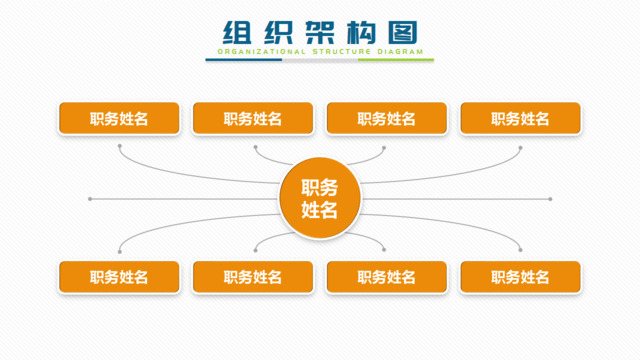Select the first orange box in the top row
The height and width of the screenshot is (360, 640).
119,118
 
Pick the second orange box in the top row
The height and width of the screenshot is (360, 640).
253,118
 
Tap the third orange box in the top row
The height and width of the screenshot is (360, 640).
386,118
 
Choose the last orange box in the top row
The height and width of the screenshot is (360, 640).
520,118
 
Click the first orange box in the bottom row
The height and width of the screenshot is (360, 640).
119,277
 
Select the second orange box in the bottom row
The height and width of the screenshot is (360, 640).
253,277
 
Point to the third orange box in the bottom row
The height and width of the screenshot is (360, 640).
386,277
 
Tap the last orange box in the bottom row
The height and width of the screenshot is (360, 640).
520,277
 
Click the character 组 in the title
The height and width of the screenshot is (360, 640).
236,31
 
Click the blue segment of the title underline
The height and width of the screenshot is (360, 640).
244,60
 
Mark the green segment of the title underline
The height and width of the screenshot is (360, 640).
396,60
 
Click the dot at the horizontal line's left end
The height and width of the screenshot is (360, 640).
90,199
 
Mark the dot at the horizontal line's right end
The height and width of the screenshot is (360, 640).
550,199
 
